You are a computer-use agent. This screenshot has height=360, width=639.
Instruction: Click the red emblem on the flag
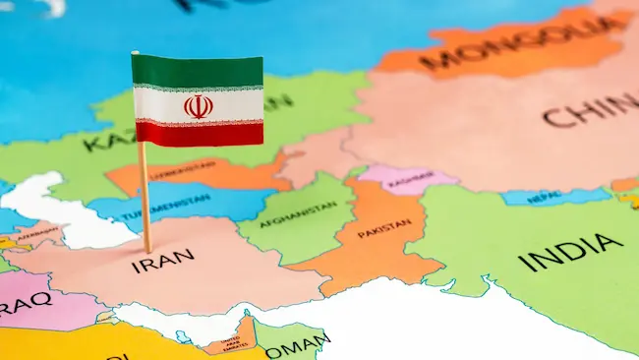tap(198, 105)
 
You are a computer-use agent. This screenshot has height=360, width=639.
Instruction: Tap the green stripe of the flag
tap(198, 69)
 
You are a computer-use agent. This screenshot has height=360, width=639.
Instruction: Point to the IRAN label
tap(163, 261)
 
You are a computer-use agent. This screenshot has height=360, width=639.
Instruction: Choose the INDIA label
tap(570, 252)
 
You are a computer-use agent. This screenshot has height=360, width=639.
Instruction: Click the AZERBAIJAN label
tap(37, 234)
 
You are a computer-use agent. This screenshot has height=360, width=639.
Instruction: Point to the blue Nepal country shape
tap(551, 196)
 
